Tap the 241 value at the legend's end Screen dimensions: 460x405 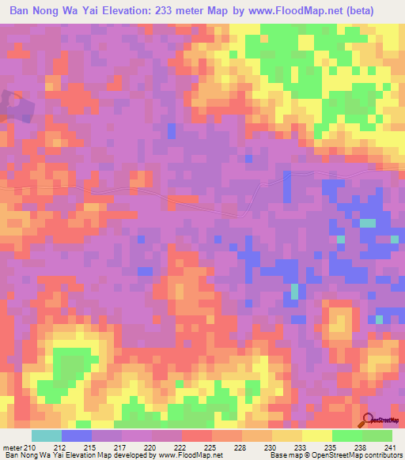(x=391, y=447)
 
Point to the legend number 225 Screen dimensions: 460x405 (x=210, y=447)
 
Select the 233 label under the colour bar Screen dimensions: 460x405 (x=301, y=447)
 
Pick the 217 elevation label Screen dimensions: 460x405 (x=120, y=447)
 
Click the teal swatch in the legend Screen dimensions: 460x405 (x=46, y=435)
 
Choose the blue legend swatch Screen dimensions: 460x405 (x=76, y=435)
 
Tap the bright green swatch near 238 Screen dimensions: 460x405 (x=346, y=435)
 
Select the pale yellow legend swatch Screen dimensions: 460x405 (x=316, y=435)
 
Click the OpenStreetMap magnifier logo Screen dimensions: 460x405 (x=369, y=421)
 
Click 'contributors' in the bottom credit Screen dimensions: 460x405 (x=380, y=456)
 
